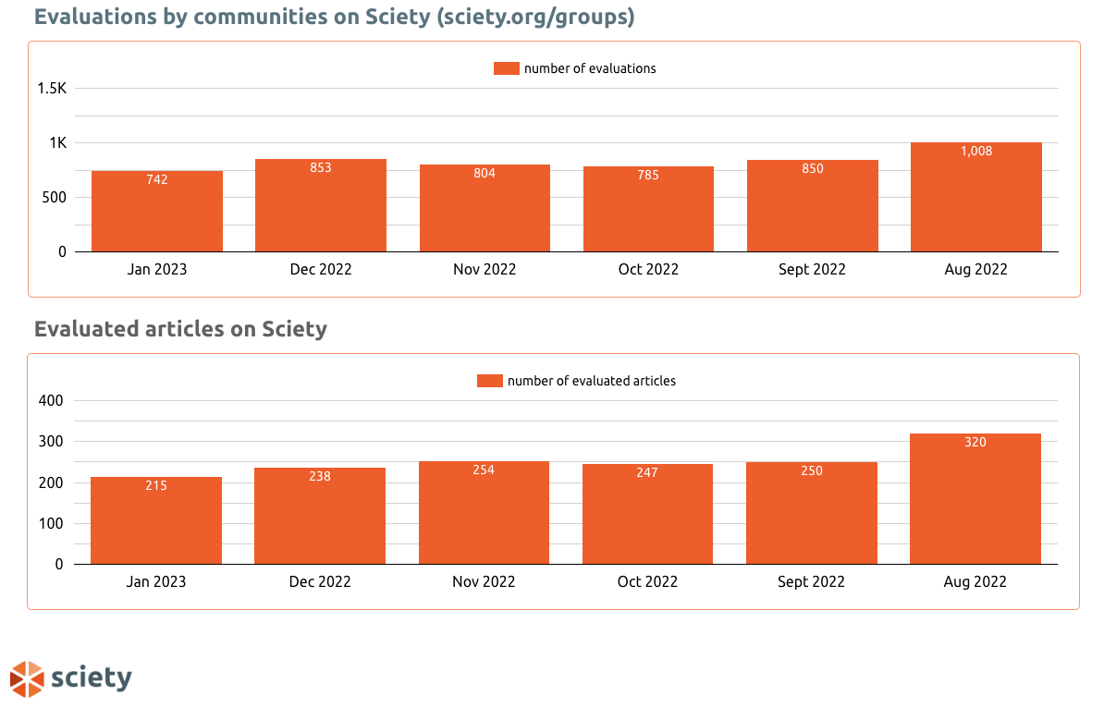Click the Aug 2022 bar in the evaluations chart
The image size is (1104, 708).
coord(976,199)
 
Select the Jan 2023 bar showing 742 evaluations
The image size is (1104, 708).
coord(157,213)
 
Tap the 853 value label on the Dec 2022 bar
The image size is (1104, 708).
coord(321,168)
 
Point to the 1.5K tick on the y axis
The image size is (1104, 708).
coord(52,89)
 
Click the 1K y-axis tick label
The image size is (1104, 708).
coord(57,143)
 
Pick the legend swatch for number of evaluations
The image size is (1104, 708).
coord(506,68)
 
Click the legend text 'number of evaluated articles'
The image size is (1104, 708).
coord(591,381)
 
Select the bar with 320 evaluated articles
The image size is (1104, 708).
coord(975,499)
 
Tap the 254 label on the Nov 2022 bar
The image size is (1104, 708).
coord(484,470)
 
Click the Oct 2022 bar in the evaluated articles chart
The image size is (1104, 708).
coord(647,514)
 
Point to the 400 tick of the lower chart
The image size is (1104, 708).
coord(52,401)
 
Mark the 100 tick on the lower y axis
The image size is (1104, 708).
coord(52,523)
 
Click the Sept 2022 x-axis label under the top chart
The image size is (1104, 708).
coord(812,270)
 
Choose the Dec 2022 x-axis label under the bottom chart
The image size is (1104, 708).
coord(320,582)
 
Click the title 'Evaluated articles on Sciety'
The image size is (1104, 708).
coord(180,329)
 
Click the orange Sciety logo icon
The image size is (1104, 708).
coord(27,678)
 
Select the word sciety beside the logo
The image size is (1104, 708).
coord(92,678)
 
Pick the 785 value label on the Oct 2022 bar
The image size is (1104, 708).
coord(648,175)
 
